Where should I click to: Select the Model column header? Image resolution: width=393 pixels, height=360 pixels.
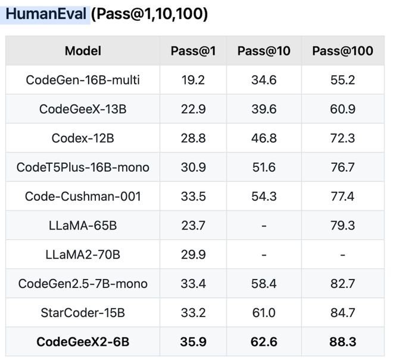(83, 51)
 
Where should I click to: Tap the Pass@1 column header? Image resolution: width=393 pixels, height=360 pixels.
(193, 51)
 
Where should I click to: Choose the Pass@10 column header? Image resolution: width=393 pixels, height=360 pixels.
(264, 51)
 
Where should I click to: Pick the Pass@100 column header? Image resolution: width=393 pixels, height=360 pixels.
(342, 51)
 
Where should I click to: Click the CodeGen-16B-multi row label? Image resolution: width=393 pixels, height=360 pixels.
(83, 80)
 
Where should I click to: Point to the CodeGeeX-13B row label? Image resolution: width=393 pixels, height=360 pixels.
(83, 109)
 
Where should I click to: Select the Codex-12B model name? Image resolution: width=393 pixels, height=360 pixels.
(83, 138)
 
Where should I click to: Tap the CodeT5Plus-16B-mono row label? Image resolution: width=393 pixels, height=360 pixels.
(83, 167)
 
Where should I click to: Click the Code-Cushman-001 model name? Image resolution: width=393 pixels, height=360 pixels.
(83, 196)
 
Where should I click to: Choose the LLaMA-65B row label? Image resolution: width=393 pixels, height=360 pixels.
(83, 225)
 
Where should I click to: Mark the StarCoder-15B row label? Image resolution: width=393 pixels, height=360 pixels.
(83, 313)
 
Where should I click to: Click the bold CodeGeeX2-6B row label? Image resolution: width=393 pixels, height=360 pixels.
(83, 342)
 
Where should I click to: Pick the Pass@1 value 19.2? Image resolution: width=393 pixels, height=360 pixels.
(193, 80)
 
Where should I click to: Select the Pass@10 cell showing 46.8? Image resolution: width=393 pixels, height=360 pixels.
(264, 138)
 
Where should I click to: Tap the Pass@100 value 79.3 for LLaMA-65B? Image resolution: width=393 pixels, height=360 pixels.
(342, 225)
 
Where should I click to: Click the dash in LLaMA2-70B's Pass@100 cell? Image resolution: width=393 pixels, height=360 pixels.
(342, 255)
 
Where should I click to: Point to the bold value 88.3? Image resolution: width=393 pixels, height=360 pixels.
(342, 342)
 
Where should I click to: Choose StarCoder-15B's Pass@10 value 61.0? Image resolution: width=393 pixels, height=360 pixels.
(264, 313)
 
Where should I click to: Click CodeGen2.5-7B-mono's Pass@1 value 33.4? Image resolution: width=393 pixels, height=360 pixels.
(193, 284)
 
